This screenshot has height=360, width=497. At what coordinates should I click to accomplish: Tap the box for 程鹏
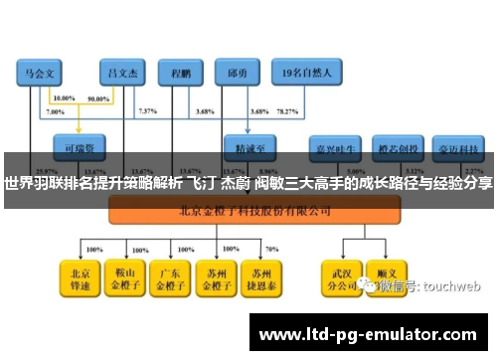pyautogui.click(x=181, y=73)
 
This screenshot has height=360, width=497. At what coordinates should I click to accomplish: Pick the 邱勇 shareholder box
pyautogui.click(x=237, y=73)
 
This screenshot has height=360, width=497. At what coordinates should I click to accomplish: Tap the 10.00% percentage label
pyautogui.click(x=63, y=99)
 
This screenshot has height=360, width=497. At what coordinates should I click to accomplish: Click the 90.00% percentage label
pyautogui.click(x=98, y=99)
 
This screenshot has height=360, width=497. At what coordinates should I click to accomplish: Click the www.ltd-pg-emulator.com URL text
pyautogui.click(x=367, y=333)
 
